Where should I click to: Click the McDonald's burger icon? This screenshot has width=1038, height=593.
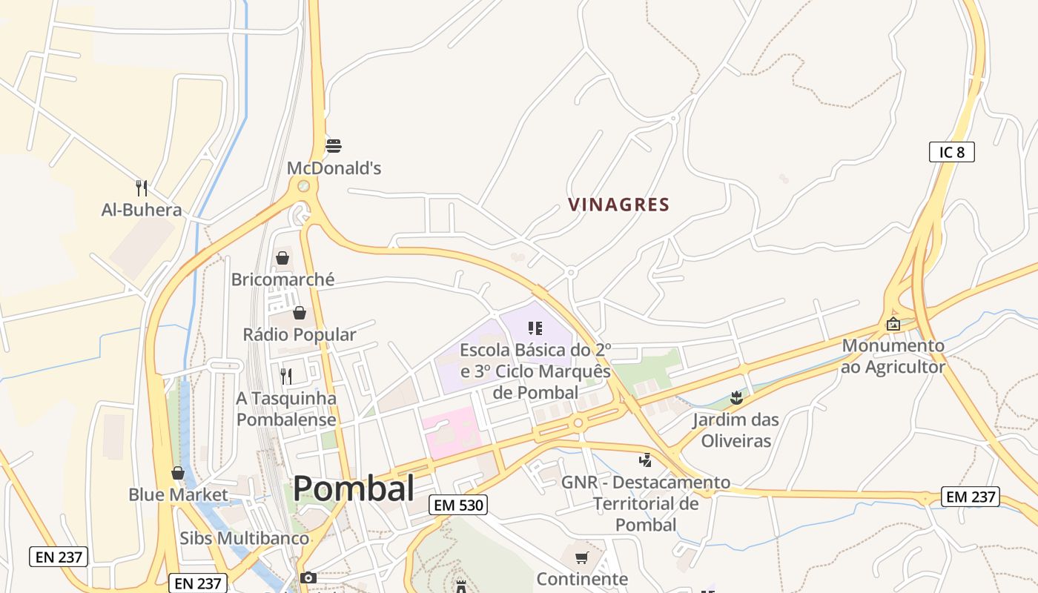pos(334,145)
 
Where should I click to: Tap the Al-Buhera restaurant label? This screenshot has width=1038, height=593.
pos(142,210)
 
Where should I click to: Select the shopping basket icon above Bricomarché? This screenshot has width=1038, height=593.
pos(282,258)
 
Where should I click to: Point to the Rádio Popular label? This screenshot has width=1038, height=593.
pos(300,334)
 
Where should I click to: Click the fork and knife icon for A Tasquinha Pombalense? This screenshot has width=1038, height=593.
pos(286,376)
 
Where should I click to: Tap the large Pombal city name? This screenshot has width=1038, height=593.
pos(354,488)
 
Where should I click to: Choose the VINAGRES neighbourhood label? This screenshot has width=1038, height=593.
pos(619,205)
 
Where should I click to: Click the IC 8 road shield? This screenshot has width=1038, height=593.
pos(951,152)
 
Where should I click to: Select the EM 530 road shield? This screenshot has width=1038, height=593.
pos(457,506)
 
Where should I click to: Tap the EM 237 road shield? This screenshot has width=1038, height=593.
pos(971,496)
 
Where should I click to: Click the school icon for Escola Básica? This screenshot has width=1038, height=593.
pos(535,328)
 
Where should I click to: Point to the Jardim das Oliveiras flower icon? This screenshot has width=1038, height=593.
pos(735,398)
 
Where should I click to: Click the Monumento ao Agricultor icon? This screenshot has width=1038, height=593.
pos(893,324)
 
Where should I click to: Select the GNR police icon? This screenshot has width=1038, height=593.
pos(645,460)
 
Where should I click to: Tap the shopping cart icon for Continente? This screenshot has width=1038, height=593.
pos(582,557)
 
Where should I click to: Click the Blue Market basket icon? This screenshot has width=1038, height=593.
pos(178,473)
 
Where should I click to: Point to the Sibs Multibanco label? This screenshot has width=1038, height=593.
pos(244,538)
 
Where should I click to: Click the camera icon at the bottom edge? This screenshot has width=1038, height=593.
pos(308,577)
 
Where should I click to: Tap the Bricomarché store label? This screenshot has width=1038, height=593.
pos(282,279)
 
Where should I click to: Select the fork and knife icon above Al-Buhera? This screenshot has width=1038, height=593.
pos(142,188)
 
